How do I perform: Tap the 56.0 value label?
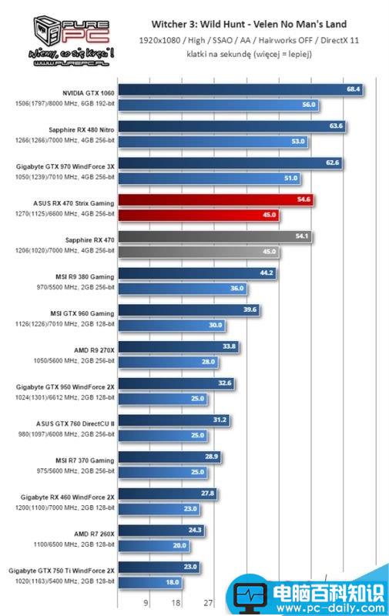[309, 104]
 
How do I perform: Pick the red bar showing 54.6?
[216, 199]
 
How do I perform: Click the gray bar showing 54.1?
[214, 236]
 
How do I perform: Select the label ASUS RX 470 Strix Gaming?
[75, 202]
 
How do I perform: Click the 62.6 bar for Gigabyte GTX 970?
[229, 163]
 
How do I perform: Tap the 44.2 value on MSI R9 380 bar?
[266, 273]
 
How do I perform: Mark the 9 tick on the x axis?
[146, 603]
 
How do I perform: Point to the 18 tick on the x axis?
[176, 603]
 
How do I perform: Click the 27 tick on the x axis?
[208, 603]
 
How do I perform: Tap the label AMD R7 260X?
[95, 533]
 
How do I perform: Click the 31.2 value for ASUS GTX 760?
[220, 420]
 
